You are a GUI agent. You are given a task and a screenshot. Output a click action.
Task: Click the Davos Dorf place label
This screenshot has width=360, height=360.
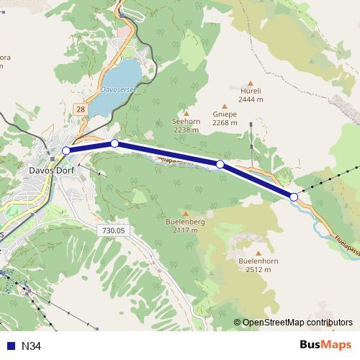point(53,171)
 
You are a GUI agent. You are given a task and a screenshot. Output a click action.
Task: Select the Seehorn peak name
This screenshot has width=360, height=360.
point(185,122)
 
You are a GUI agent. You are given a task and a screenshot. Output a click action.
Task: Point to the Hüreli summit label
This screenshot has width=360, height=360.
point(251,92)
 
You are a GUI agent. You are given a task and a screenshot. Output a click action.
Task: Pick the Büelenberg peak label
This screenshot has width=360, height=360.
point(186,222)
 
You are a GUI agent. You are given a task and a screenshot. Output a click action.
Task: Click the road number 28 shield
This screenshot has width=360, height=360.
point(79,108)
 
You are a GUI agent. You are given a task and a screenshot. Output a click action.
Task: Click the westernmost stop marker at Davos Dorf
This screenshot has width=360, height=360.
point(66,150)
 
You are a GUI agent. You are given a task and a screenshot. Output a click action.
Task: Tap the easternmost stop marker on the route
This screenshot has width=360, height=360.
point(294,197)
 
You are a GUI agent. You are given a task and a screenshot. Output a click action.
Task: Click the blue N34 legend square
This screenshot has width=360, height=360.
point(10,346)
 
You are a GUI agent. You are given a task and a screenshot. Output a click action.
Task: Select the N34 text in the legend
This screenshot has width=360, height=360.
point(32,346)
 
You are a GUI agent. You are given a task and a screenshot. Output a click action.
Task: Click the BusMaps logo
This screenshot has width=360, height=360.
point(326,345)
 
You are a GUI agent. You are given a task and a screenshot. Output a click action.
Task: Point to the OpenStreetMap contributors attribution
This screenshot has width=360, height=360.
point(297,323)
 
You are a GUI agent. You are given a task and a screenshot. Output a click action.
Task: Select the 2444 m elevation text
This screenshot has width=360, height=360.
point(251,101)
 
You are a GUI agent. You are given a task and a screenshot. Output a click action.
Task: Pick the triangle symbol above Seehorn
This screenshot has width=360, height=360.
point(186,113)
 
